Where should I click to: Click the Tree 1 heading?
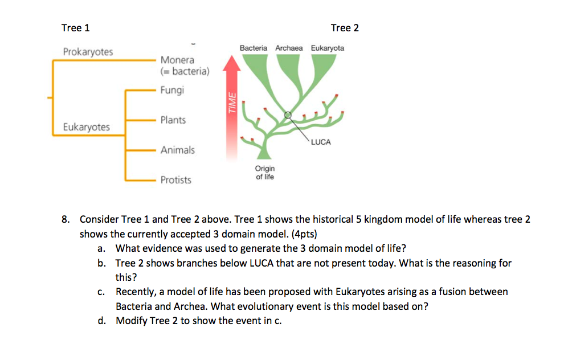tap(75, 28)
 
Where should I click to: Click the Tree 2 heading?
tap(345, 28)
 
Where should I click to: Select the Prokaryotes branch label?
tap(88, 52)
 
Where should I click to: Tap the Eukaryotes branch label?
tap(87, 126)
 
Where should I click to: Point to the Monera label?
tap(177, 60)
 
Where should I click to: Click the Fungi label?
tap(172, 90)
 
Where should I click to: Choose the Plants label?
tap(173, 120)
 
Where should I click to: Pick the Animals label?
tap(177, 150)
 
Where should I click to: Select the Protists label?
tap(175, 180)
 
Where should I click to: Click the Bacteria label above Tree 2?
tap(254, 48)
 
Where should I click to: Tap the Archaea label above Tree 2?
tap(289, 48)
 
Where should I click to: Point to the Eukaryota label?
tap(327, 48)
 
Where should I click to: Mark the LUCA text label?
tap(321, 142)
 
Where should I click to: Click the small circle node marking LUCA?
tap(288, 114)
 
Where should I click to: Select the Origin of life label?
tap(265, 172)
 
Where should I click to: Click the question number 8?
tap(66, 219)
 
